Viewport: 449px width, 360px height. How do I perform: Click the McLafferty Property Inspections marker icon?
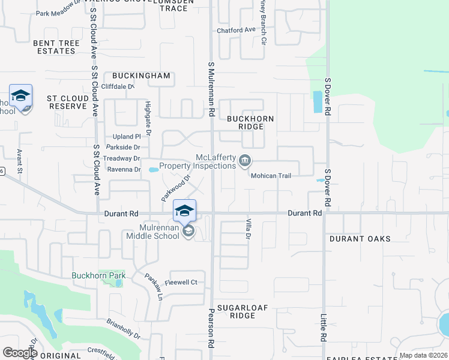[x=245, y=160]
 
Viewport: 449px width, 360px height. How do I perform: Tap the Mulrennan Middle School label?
[x=152, y=232]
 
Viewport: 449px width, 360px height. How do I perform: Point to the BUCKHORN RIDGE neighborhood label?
[x=250, y=122]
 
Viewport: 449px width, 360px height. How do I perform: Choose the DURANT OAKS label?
[x=360, y=239]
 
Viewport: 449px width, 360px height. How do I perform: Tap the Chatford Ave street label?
[x=237, y=29]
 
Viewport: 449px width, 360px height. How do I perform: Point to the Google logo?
[x=20, y=353]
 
